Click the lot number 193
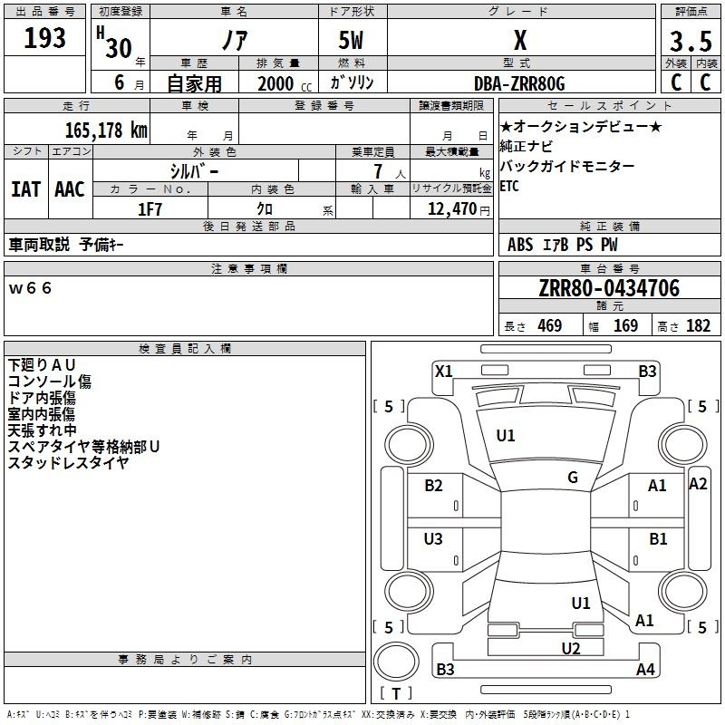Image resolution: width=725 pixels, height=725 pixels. click(x=44, y=39)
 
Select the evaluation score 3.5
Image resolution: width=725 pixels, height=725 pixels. click(x=689, y=42)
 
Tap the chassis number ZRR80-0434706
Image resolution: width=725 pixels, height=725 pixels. click(x=609, y=288)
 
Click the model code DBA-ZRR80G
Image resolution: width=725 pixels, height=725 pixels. click(x=519, y=83)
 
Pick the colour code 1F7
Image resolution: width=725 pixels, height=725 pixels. click(x=150, y=208)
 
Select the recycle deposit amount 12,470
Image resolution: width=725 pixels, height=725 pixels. click(x=450, y=208)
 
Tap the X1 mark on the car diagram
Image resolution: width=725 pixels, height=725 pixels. click(x=443, y=371)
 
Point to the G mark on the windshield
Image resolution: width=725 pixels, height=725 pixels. click(x=573, y=478)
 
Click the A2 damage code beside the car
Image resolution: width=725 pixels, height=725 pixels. click(x=698, y=484)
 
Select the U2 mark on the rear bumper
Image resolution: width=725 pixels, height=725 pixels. click(x=570, y=648)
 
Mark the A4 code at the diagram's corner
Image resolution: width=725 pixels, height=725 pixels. click(x=645, y=670)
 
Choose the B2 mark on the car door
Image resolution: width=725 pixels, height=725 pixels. click(x=434, y=486)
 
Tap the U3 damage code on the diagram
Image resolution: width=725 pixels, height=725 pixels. click(x=434, y=539)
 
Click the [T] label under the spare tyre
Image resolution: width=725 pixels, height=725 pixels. click(x=396, y=694)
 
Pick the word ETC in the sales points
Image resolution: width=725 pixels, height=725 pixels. click(x=510, y=187)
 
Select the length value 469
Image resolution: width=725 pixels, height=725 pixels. click(x=549, y=326)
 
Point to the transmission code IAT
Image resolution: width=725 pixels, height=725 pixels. click(x=25, y=189)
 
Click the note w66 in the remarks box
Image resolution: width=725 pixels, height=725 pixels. click(x=31, y=288)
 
